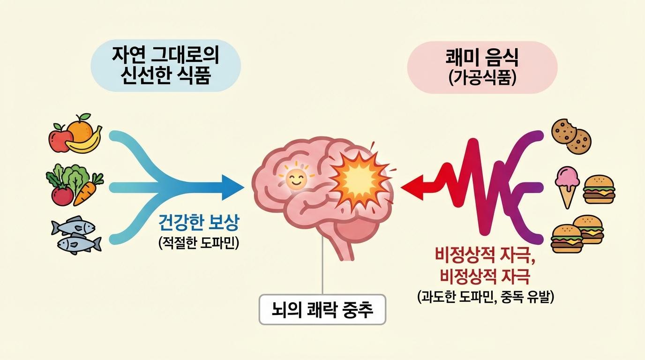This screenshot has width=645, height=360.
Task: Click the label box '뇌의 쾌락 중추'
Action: tap(322, 310)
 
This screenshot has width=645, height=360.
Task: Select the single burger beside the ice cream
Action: tap(599, 189)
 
